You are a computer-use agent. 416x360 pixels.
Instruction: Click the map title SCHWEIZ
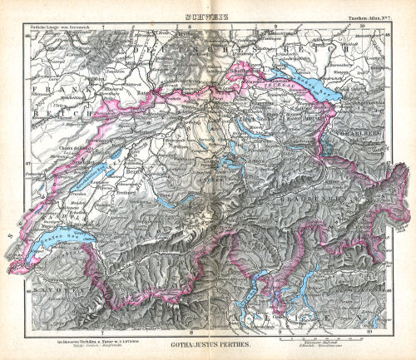coord(205,7)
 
